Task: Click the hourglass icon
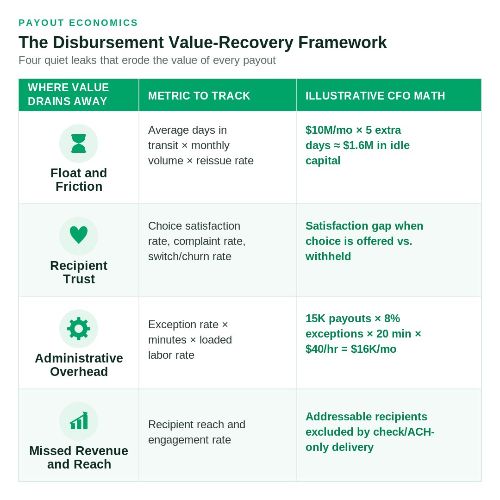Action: coord(78,144)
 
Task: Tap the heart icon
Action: coord(78,235)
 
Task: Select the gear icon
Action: coord(78,329)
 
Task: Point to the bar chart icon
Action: coord(78,421)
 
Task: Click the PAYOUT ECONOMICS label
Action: coord(78,23)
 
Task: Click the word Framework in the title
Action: coord(343,43)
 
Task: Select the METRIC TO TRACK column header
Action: coord(199,96)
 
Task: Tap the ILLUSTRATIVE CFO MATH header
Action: coord(375,96)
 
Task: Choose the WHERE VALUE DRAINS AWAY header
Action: coord(68,94)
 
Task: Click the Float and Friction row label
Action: coord(79,180)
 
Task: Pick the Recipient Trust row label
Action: coord(79,272)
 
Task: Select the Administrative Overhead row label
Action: coord(79,365)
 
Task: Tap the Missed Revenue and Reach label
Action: coord(79,457)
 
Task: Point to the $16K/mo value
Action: coord(374,349)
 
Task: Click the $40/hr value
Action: coord(321,349)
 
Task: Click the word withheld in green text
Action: coord(328,256)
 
